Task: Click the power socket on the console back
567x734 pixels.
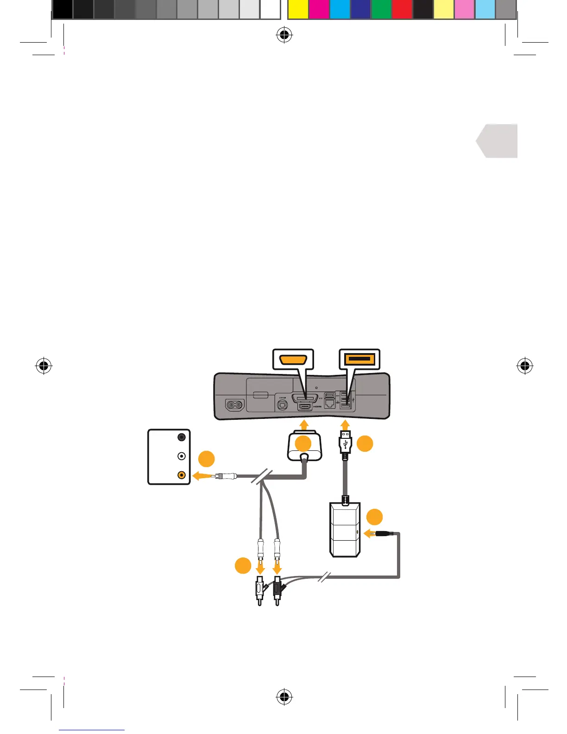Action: click(x=235, y=405)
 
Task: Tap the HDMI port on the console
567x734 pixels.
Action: click(x=304, y=406)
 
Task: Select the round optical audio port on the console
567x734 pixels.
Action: click(x=282, y=405)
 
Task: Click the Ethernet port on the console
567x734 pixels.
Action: click(x=329, y=404)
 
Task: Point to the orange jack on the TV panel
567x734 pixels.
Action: click(x=182, y=475)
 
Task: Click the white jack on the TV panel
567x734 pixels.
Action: click(x=182, y=456)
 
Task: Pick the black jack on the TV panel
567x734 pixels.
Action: click(x=182, y=437)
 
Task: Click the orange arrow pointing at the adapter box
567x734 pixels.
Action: click(x=370, y=534)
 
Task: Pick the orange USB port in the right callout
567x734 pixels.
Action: click(x=359, y=359)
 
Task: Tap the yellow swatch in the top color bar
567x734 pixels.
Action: click(x=298, y=9)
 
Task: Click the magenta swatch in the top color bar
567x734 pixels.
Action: click(x=319, y=9)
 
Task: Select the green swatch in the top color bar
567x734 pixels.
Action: click(x=381, y=9)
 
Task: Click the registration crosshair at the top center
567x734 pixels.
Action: click(x=283, y=35)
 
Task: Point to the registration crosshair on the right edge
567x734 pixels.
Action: click(x=524, y=366)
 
